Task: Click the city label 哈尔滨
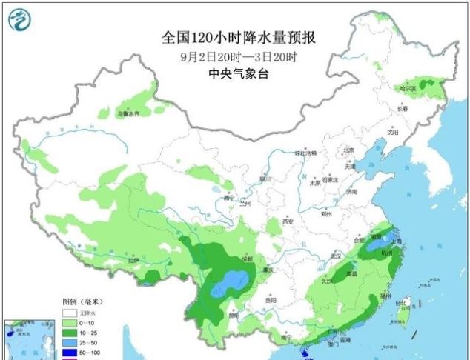(x=409, y=87)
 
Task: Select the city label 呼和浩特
(x=305, y=153)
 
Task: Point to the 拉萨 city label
(x=133, y=260)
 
